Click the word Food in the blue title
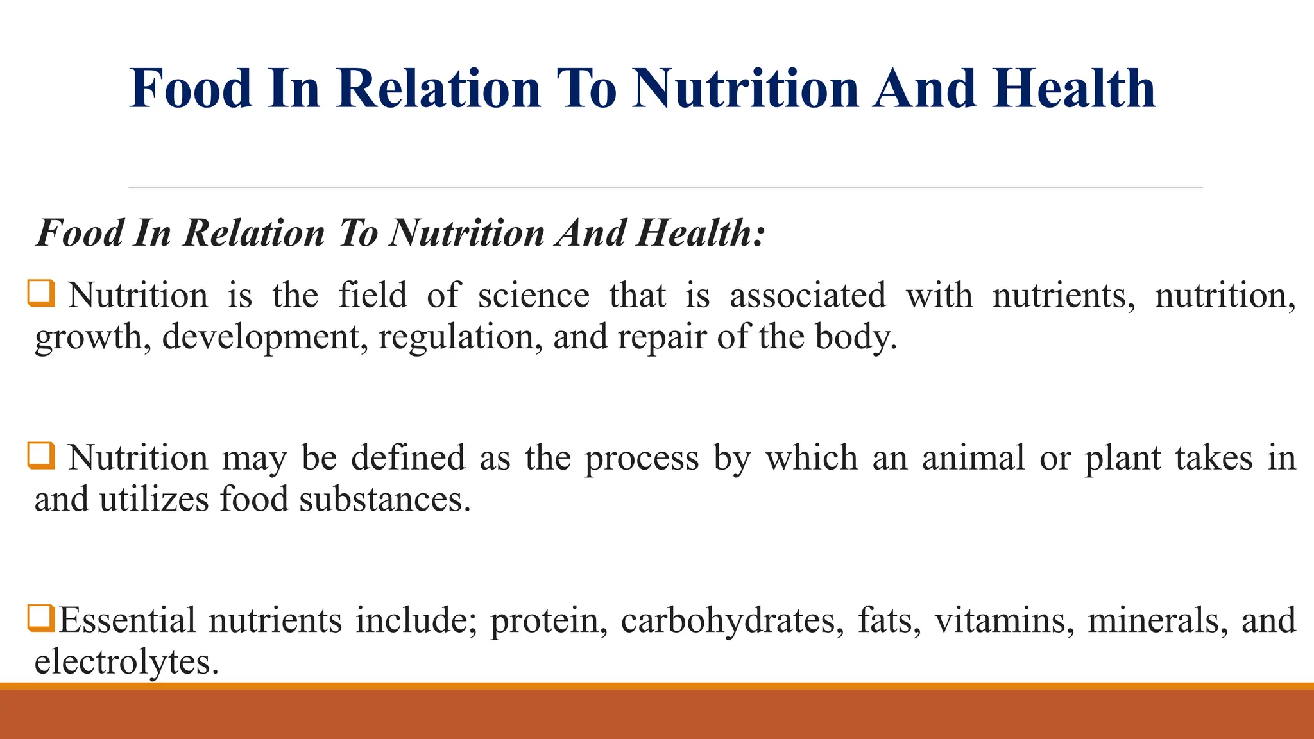[x=191, y=89]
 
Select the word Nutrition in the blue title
[x=745, y=89]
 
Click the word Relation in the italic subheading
[x=254, y=232]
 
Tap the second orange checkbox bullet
[x=41, y=455]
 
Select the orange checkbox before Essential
[x=41, y=618]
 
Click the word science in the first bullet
[x=534, y=296]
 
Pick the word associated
[x=808, y=296]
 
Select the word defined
[x=408, y=458]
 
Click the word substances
[x=385, y=499]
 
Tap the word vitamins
[x=1004, y=620]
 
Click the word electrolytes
[x=126, y=661]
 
